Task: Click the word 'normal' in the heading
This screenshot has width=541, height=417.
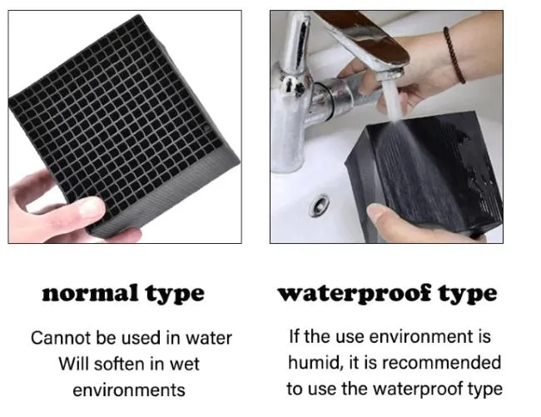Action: point(91,294)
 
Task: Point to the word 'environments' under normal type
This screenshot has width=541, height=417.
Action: point(129,390)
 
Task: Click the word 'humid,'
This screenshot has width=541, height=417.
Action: point(317,363)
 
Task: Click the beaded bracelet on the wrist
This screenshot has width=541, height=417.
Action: point(454,56)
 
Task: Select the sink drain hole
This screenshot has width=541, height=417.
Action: point(319,206)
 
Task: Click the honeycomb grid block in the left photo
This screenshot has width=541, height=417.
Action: point(124,124)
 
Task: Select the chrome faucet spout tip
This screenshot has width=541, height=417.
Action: point(392,73)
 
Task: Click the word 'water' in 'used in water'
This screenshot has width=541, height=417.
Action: point(209,338)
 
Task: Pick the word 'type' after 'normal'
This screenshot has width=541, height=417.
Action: point(175,295)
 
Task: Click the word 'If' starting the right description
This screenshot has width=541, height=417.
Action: point(293,336)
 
